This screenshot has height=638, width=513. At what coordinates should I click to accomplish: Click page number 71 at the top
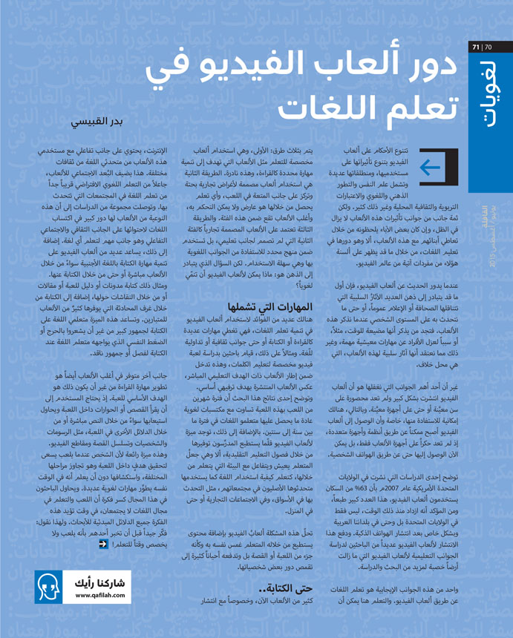(476, 49)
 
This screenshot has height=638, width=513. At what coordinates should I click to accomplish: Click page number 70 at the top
(487, 49)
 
